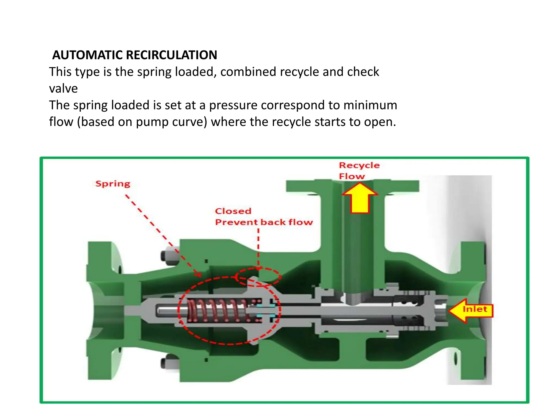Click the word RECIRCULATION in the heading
click(x=171, y=55)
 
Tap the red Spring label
click(x=113, y=184)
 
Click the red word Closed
click(x=233, y=211)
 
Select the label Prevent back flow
click(x=264, y=222)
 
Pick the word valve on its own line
click(x=63, y=89)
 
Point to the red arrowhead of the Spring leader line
click(x=198, y=274)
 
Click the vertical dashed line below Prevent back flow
click(x=258, y=247)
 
